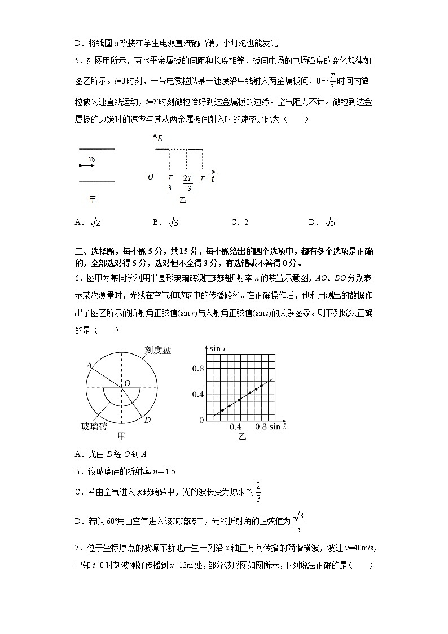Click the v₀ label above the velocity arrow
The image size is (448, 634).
[x=92, y=159]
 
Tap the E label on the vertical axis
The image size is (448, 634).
[x=160, y=138]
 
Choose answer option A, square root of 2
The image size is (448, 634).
[x=87, y=222]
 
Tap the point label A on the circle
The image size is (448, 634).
[x=89, y=366]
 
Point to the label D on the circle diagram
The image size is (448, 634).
[x=147, y=419]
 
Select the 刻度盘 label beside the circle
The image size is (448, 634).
[x=157, y=351]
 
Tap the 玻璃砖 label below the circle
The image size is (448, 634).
[x=94, y=426]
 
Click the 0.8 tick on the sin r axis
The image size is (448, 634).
[x=197, y=369]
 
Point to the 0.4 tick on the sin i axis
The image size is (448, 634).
[x=236, y=427]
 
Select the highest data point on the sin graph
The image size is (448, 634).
[x=261, y=386]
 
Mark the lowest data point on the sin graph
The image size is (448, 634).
[x=223, y=410]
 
